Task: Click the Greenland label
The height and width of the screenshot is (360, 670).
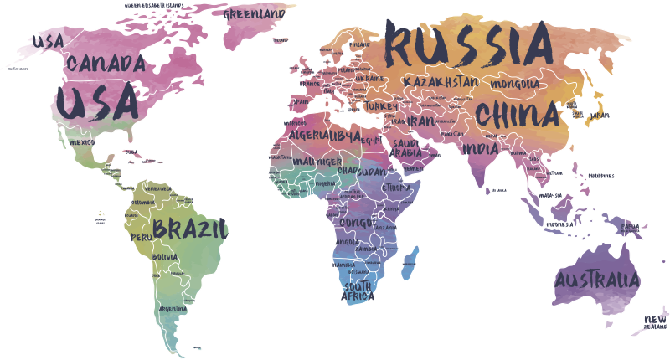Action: pos(254,13)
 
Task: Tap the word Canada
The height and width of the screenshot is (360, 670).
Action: pos(106,64)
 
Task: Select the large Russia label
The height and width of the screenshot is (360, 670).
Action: pos(470,46)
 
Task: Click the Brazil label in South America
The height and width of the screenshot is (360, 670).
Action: pos(190,228)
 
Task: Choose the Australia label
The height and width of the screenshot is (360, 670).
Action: pos(596,280)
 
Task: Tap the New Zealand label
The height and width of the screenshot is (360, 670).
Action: pos(656,322)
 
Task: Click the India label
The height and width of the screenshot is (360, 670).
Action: pos(481,149)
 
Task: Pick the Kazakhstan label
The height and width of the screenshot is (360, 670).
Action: pos(441,82)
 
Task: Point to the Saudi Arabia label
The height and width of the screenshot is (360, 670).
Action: pos(408,148)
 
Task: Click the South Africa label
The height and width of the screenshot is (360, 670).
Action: pos(358,291)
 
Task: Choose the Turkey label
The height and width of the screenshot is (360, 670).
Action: pos(380,107)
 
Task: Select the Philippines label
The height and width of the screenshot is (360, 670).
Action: pos(601,176)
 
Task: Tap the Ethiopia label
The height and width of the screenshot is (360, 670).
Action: pos(397,188)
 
